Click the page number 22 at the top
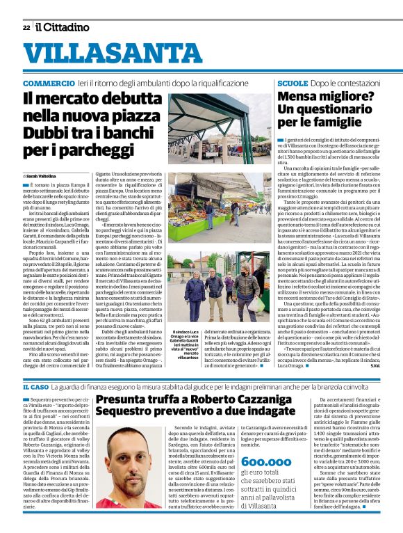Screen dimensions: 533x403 26,27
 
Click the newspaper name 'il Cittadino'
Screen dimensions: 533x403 63,27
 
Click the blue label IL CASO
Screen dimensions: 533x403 35,386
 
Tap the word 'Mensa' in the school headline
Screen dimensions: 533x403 297,97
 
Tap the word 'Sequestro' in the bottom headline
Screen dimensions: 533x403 130,415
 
